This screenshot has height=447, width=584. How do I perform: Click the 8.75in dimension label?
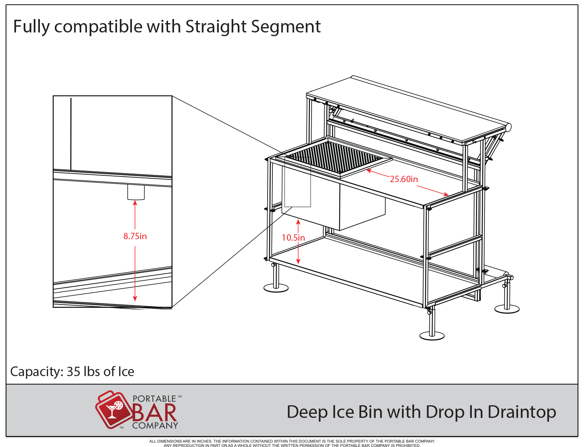point(135,236)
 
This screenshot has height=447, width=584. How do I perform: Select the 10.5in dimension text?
point(293,237)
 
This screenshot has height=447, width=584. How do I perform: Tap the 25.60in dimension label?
point(404,179)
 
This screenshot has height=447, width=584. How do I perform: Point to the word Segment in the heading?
point(286,27)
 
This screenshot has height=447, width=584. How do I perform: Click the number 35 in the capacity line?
point(73,371)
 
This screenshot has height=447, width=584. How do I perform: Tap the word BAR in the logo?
point(154,413)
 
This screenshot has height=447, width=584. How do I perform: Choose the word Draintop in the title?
point(521,412)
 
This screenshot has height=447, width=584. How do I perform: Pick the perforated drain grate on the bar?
point(334,157)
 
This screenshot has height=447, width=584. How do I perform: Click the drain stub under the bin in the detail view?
point(136,192)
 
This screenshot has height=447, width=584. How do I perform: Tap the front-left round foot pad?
point(276,288)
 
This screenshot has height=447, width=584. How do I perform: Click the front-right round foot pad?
point(432,336)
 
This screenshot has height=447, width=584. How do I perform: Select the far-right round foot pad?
point(507,309)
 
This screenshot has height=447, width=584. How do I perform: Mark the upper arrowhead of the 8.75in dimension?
point(135,203)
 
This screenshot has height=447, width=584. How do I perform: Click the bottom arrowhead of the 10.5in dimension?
point(298,262)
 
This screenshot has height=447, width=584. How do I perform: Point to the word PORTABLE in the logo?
point(154,399)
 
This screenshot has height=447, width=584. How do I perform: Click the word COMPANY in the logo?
point(155,425)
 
